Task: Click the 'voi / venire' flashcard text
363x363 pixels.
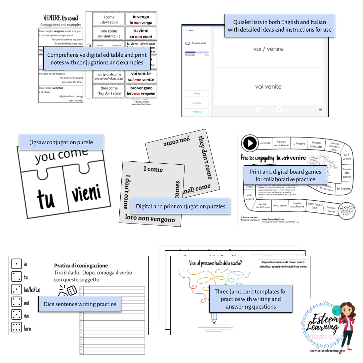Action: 268,49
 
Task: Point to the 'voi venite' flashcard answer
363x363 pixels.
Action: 268,87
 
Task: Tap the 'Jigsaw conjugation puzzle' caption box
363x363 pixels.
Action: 61,142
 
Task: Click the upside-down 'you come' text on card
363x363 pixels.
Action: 176,142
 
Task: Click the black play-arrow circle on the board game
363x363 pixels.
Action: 250,144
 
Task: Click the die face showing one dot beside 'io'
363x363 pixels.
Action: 17,264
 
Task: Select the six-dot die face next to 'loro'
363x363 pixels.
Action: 17,328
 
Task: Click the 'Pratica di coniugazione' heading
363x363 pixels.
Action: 81,266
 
